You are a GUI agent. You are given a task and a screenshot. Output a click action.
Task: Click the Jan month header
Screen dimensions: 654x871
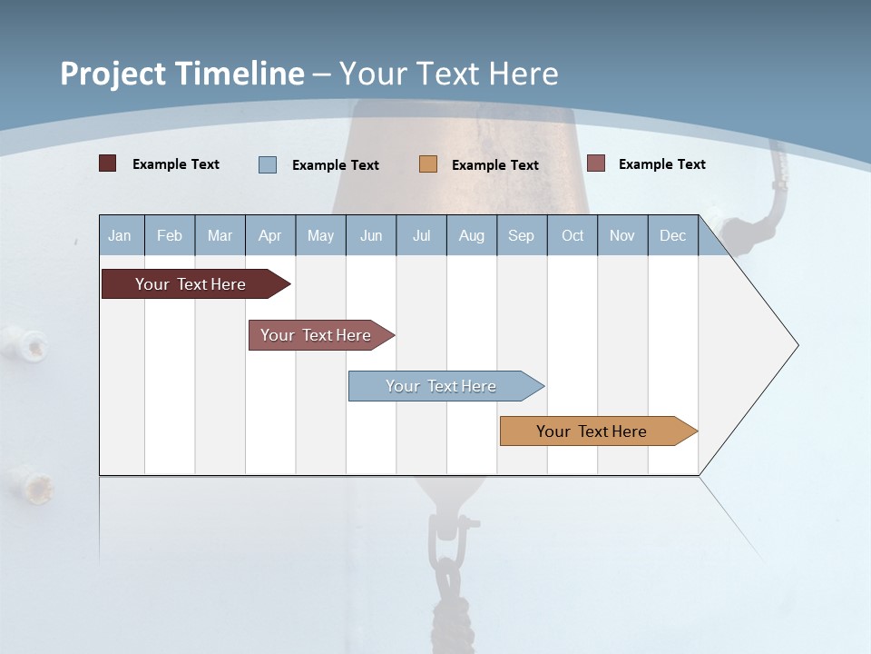click(x=120, y=235)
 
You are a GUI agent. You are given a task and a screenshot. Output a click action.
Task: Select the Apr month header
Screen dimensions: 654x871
click(x=269, y=235)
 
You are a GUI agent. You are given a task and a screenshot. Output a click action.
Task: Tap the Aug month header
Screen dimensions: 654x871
click(x=471, y=235)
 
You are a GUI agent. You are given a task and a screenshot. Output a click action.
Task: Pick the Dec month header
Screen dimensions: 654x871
click(x=672, y=235)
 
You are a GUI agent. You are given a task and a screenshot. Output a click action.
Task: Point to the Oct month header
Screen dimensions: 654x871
click(x=573, y=235)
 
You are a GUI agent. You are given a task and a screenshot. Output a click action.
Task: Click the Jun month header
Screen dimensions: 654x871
click(x=371, y=235)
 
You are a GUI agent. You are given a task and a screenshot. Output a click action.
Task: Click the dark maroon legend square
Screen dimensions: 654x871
click(x=108, y=163)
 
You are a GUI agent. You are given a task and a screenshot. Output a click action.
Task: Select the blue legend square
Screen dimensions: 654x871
click(x=268, y=164)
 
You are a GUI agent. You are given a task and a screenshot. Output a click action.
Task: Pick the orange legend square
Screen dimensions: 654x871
click(x=428, y=164)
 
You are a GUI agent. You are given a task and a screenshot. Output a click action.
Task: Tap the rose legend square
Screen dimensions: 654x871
click(x=596, y=163)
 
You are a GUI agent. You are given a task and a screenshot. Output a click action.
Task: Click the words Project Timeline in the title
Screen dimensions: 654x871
click(x=181, y=74)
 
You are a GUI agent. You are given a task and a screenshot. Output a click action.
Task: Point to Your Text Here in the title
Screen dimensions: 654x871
click(x=449, y=74)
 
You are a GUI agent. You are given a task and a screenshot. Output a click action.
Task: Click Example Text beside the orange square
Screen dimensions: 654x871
click(x=495, y=165)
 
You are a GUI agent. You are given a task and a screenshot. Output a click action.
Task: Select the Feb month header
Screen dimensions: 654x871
click(x=170, y=235)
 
